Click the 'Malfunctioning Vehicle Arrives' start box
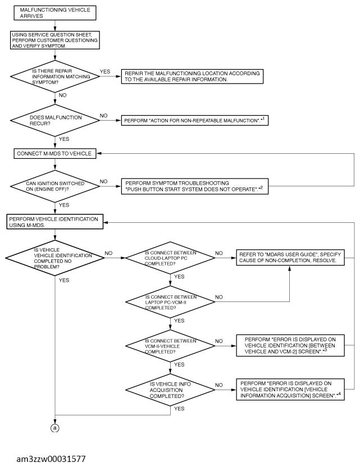click(x=55, y=13)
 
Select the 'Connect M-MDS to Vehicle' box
click(x=55, y=154)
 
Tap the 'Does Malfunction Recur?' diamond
click(x=55, y=120)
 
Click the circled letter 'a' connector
click(x=55, y=428)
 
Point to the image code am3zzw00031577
click(x=51, y=459)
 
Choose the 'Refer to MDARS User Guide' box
click(x=290, y=257)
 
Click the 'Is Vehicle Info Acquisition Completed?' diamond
click(x=170, y=390)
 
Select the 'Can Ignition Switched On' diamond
click(x=55, y=186)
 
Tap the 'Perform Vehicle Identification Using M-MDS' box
click(x=55, y=222)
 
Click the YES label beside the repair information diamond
click(x=105, y=71)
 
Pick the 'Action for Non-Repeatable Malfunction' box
click(x=195, y=120)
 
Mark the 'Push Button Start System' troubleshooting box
click(x=195, y=186)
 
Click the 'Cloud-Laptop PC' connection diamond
click(x=170, y=258)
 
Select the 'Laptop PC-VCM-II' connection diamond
click(x=170, y=302)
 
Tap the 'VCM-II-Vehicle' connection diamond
click(x=170, y=346)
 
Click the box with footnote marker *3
click(x=290, y=346)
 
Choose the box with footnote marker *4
click(x=290, y=390)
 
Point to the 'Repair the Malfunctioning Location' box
click(x=192, y=76)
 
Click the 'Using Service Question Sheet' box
click(x=55, y=40)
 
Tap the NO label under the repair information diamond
click(x=62, y=95)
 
